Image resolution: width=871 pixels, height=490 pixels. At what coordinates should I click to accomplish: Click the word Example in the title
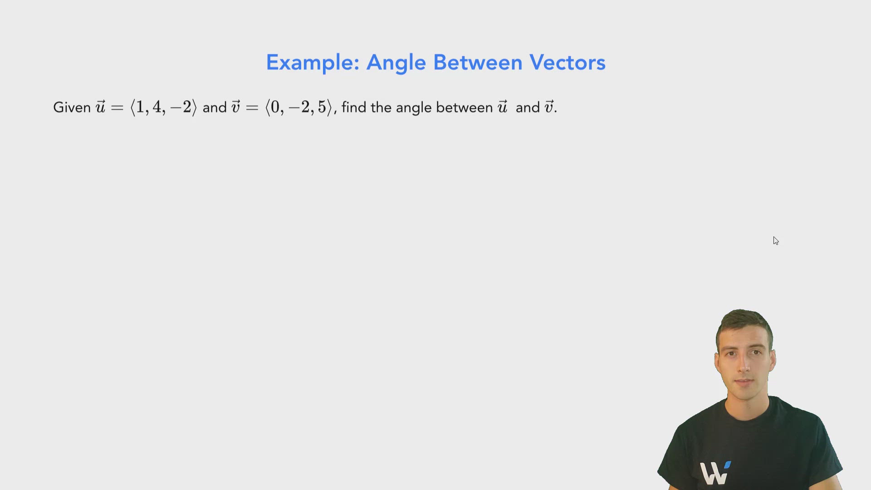pos(312,63)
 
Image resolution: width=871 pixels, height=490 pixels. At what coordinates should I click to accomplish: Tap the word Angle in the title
pos(396,63)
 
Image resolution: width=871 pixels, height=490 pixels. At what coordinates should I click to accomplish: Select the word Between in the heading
pos(478,63)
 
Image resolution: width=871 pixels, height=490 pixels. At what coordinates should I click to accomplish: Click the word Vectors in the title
pos(567,63)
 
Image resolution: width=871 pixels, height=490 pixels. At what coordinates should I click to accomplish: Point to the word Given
pos(72,108)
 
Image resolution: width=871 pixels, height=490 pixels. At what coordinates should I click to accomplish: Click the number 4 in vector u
pos(157,107)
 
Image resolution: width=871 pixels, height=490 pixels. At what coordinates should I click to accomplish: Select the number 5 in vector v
pos(322,107)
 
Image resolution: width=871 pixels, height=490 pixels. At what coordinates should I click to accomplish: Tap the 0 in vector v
pos(275,107)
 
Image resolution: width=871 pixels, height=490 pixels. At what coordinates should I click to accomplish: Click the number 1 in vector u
pos(140,107)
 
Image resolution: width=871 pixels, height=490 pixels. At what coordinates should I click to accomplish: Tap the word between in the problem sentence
pos(464,108)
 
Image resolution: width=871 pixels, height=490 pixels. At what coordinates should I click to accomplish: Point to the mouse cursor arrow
pos(776,240)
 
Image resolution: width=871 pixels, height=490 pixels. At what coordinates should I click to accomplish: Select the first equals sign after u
pos(117,108)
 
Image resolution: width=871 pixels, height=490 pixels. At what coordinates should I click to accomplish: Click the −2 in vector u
pos(181,107)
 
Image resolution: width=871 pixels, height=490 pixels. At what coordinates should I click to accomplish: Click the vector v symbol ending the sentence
pos(549,107)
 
